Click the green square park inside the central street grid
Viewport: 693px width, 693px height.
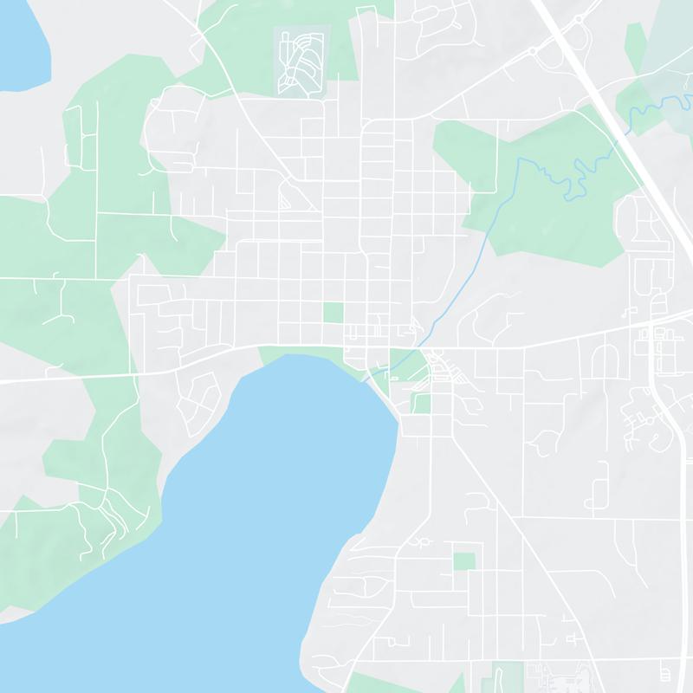pyautogui.click(x=333, y=313)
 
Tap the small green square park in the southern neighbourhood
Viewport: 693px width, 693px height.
pyautogui.click(x=464, y=560)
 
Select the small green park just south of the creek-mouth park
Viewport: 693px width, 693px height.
pyautogui.click(x=421, y=403)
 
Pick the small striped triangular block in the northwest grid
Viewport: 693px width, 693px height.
pyautogui.click(x=286, y=198)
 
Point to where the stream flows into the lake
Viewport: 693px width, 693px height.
pyautogui.click(x=374, y=375)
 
